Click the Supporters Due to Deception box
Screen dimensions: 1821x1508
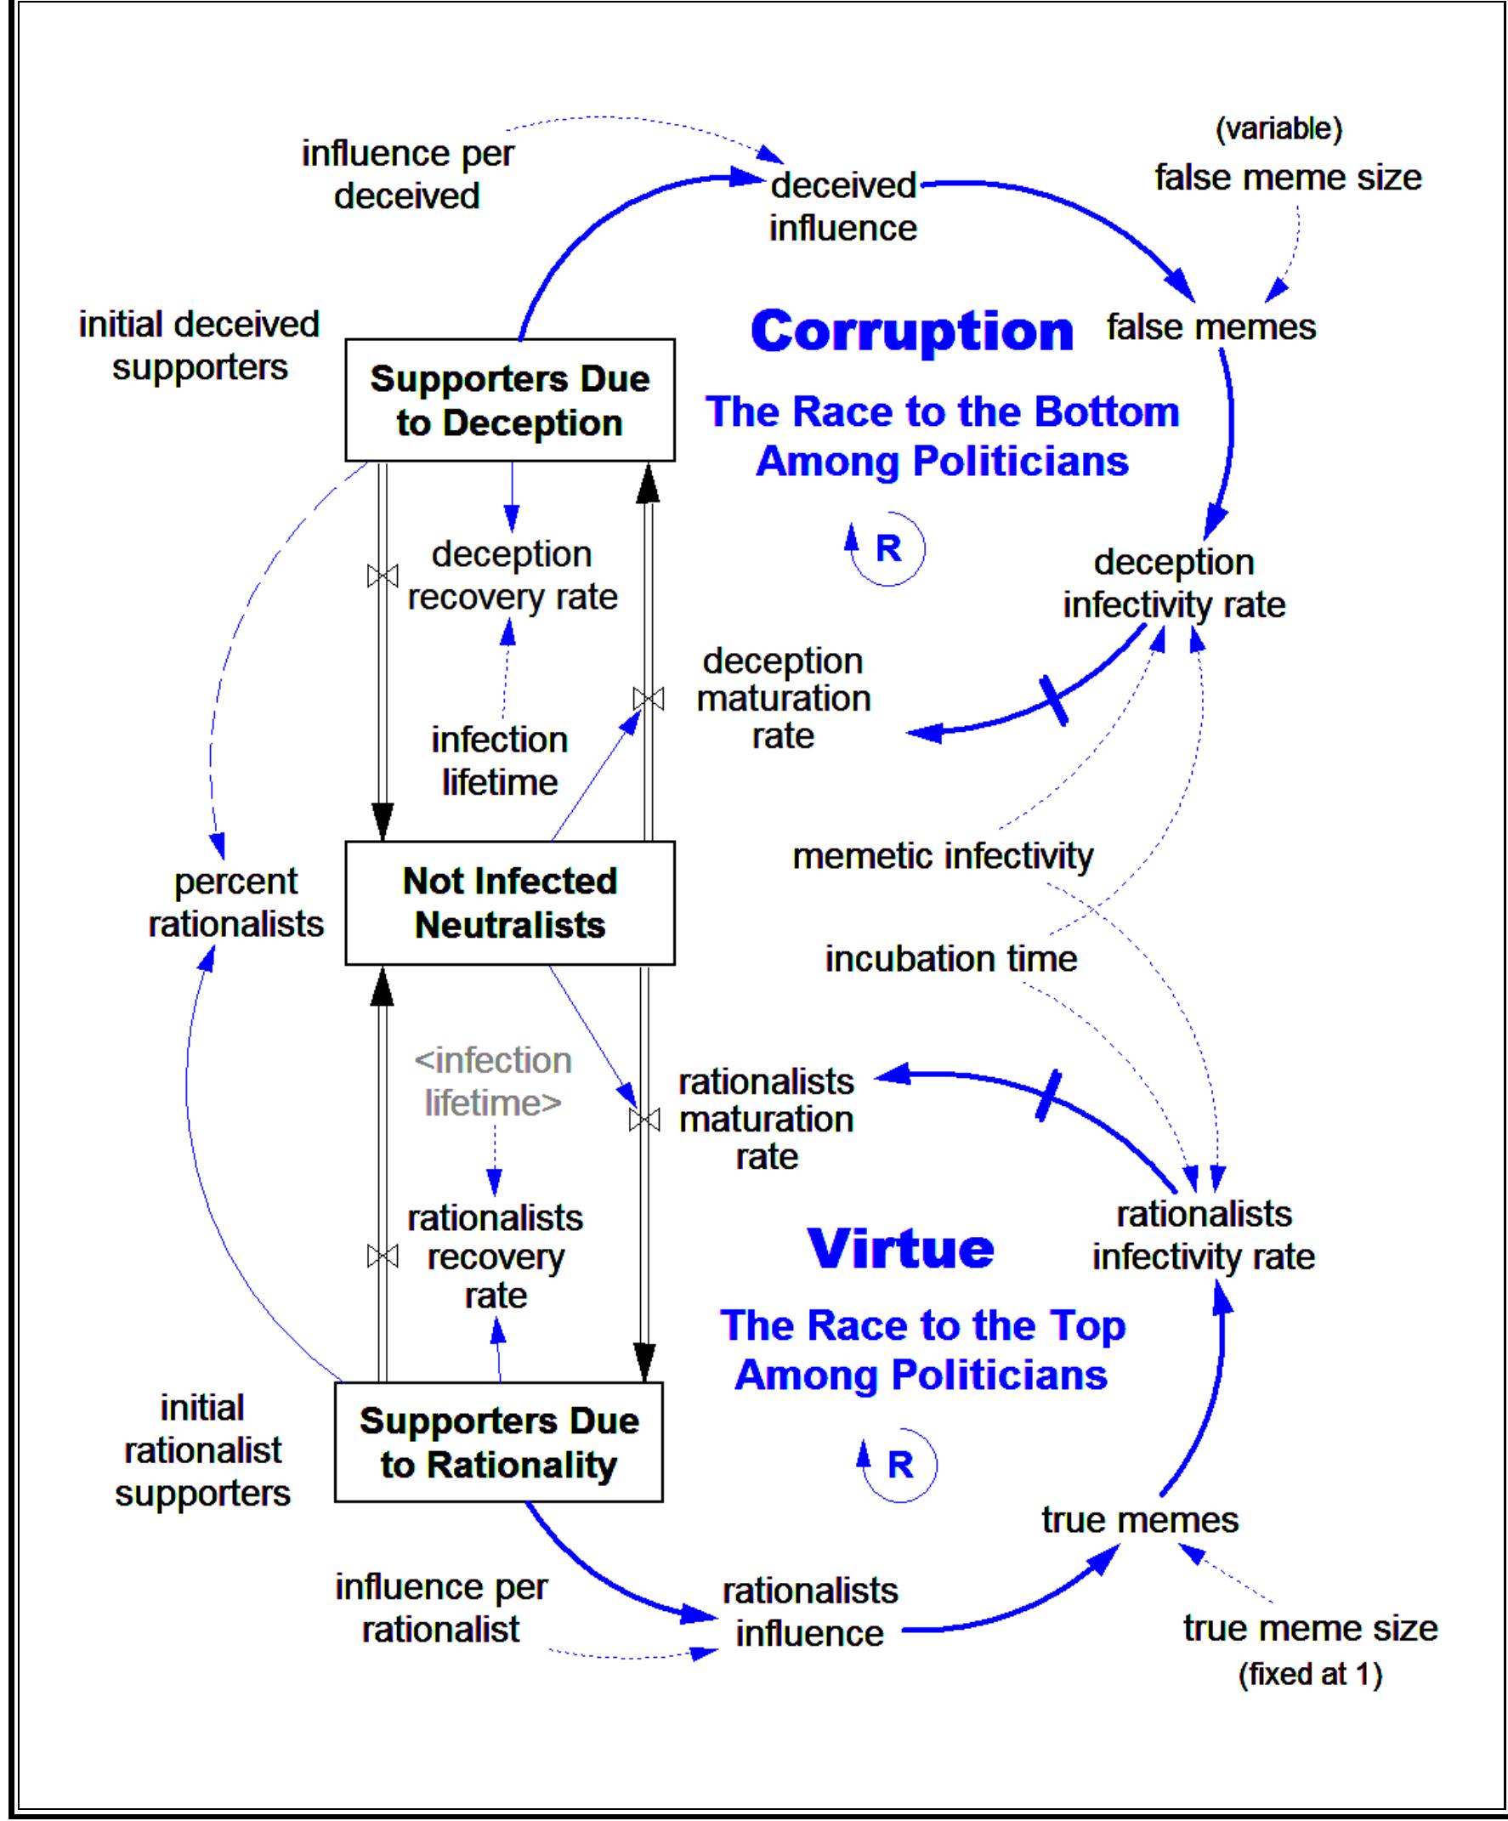click(x=510, y=400)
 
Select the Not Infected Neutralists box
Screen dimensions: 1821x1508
click(x=510, y=903)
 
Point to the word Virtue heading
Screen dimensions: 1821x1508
click(x=900, y=1248)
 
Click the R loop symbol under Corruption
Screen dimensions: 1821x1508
click(x=889, y=548)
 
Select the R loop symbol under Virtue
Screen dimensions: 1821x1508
click(x=900, y=1465)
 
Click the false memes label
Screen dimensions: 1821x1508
click(x=1210, y=327)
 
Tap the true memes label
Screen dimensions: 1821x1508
click(x=1139, y=1519)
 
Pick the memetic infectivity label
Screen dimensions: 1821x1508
click(x=943, y=856)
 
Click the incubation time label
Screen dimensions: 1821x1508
click(x=950, y=958)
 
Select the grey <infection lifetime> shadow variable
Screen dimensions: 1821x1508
click(x=492, y=1081)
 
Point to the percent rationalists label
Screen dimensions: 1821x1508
click(x=235, y=903)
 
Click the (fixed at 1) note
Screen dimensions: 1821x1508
click(x=1309, y=1674)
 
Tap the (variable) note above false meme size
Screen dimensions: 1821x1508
click(x=1278, y=128)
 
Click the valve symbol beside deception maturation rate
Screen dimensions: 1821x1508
click(x=648, y=698)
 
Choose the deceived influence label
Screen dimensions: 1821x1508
click(x=843, y=207)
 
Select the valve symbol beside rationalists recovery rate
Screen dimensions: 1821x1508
click(x=383, y=1256)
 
